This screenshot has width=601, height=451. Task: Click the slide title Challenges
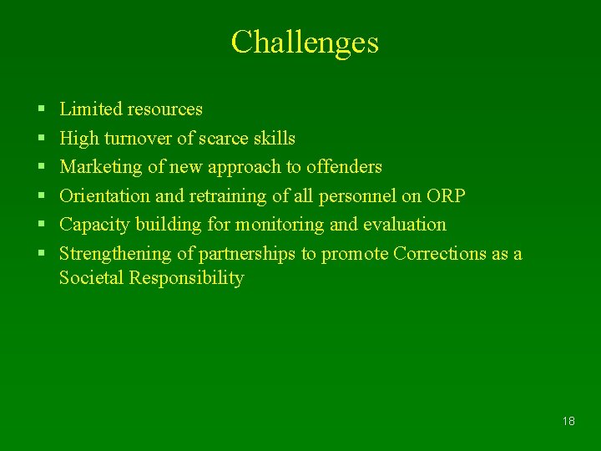click(x=305, y=42)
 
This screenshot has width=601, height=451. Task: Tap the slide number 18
click(x=568, y=421)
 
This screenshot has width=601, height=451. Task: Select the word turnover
click(x=137, y=139)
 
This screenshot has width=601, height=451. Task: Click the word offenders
click(x=344, y=167)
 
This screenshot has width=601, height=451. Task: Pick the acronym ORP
click(x=446, y=196)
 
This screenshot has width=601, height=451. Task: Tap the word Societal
click(x=91, y=278)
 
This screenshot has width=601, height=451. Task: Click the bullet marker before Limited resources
click(x=42, y=110)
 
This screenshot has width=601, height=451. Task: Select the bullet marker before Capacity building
click(x=42, y=225)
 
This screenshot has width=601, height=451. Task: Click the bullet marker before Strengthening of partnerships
click(x=42, y=255)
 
